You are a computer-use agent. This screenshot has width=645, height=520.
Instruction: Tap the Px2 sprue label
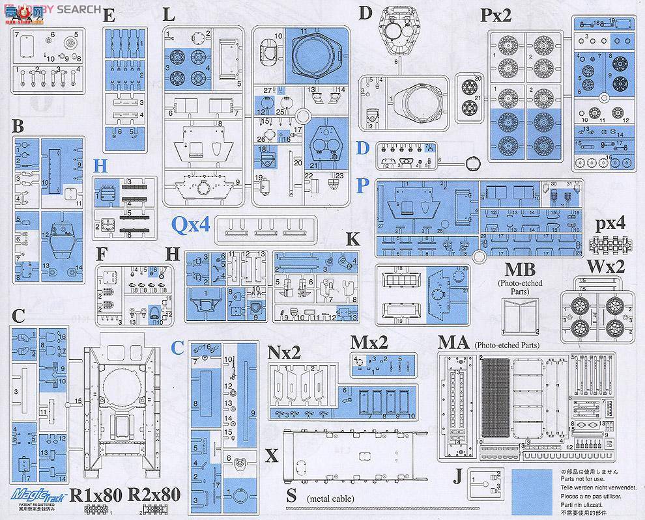pyautogui.click(x=497, y=16)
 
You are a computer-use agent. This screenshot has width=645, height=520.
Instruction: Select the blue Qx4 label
pyautogui.click(x=191, y=225)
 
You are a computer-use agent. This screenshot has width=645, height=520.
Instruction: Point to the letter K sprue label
pyautogui.click(x=352, y=239)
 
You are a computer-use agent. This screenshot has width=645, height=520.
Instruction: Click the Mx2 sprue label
pyautogui.click(x=369, y=342)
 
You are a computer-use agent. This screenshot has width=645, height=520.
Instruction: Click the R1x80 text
pyautogui.click(x=95, y=495)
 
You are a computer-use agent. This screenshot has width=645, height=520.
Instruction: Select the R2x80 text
pyautogui.click(x=154, y=495)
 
